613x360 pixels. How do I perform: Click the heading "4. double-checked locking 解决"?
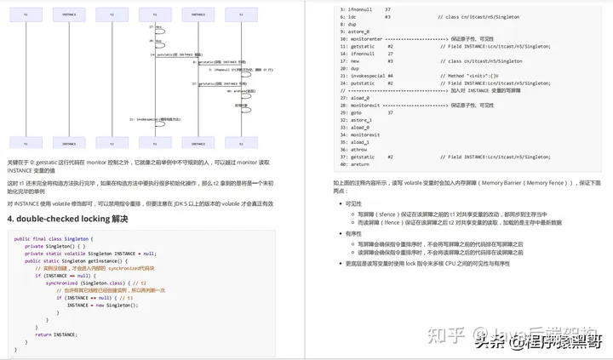pyautogui.click(x=67, y=219)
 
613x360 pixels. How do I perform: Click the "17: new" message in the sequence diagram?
pyautogui.click(x=158, y=28)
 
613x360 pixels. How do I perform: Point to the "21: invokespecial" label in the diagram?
pyautogui.click(x=157, y=119)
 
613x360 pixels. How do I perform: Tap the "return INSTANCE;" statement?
pyautogui.click(x=55, y=334)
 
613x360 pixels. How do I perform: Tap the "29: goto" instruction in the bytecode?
pyautogui.click(x=352, y=112)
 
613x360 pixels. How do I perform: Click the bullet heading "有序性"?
pyautogui.click(x=353, y=233)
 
